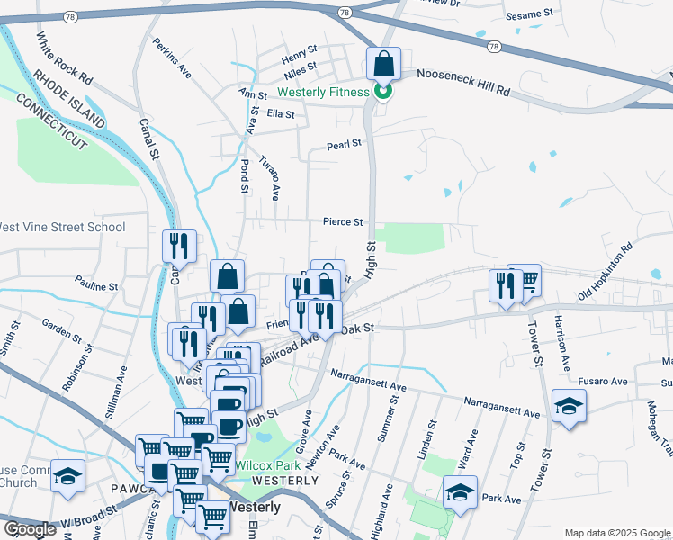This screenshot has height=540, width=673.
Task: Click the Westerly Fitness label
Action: pos(323,92)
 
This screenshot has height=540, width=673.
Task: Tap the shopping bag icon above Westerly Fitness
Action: pos(383,65)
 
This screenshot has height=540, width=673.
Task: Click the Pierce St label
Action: pos(344,221)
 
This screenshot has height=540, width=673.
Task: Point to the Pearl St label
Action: pos(343,143)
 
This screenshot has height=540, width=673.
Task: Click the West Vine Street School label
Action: pos(61,227)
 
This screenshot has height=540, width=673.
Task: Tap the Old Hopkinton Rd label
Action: pos(606,271)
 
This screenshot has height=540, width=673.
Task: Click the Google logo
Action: pos(30,529)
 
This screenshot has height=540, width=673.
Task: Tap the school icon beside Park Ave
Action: pos(459,492)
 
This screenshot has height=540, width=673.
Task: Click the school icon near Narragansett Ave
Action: pos(569,406)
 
